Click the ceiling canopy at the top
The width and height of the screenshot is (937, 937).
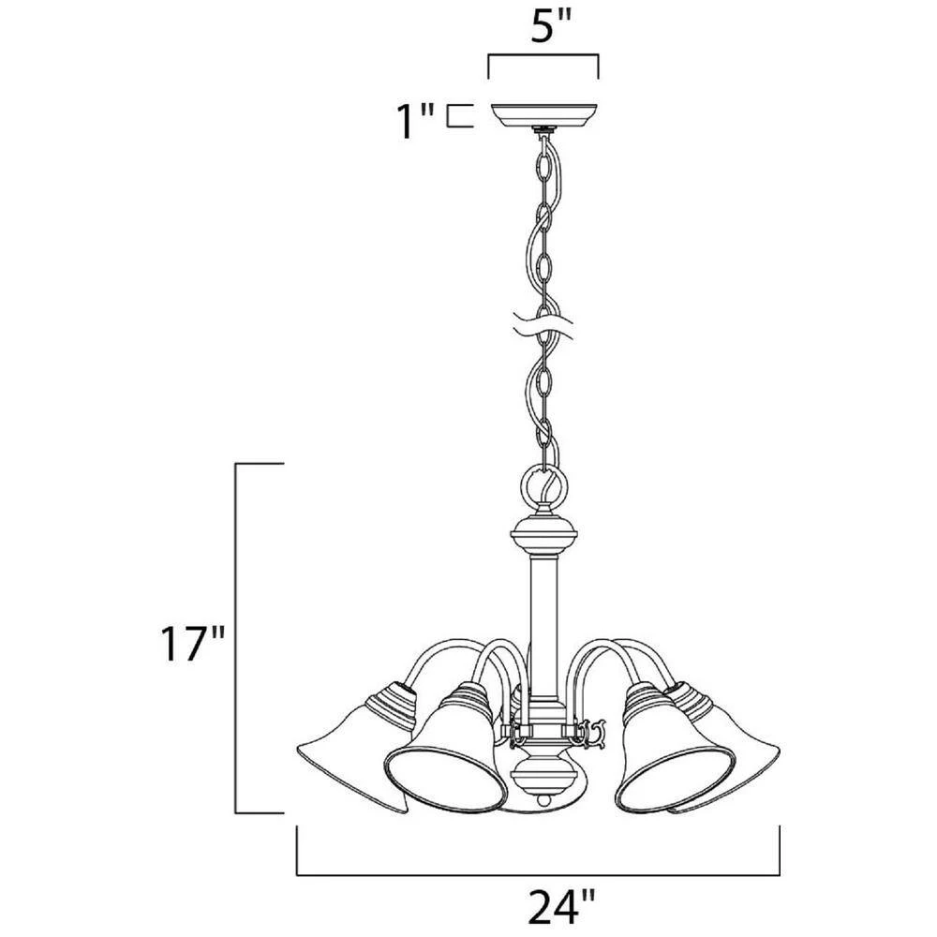(x=543, y=115)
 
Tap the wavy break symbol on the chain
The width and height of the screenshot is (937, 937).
(x=543, y=327)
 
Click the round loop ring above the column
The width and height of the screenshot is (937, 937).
(x=543, y=487)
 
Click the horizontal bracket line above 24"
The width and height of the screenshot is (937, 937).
(x=539, y=874)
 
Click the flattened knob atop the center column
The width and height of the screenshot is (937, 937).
(x=543, y=538)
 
